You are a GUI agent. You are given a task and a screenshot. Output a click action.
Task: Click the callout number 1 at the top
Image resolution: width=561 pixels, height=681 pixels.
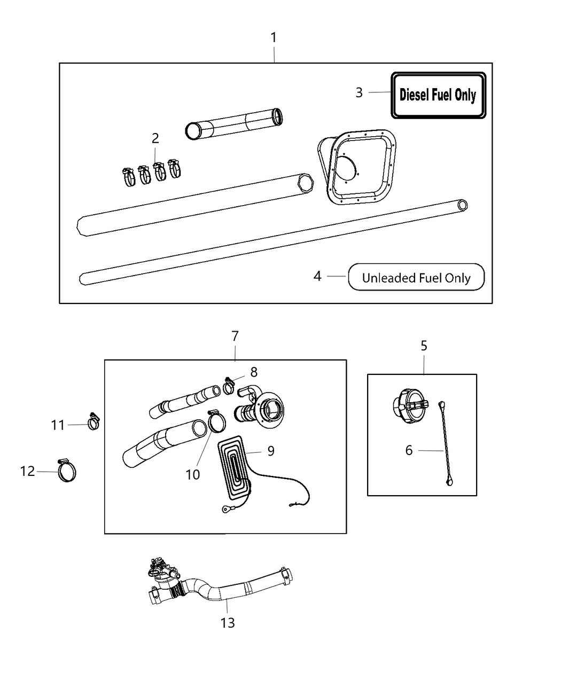pyautogui.click(x=274, y=38)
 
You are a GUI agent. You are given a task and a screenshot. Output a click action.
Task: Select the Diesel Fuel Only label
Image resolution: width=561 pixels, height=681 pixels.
pyautogui.click(x=438, y=96)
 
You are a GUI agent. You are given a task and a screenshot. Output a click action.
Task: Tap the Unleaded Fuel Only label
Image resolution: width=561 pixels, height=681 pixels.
pyautogui.click(x=416, y=278)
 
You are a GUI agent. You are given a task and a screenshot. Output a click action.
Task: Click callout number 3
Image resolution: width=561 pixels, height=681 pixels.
pyautogui.click(x=359, y=93)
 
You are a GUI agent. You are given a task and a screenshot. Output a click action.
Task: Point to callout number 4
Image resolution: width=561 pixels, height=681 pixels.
pyautogui.click(x=317, y=276)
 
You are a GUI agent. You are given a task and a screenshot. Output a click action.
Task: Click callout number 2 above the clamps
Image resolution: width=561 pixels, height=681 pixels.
pyautogui.click(x=155, y=139)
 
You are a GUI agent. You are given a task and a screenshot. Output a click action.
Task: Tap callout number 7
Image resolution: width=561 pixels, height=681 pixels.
pyautogui.click(x=235, y=336)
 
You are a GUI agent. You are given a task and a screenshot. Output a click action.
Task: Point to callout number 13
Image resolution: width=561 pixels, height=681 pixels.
pyautogui.click(x=228, y=623)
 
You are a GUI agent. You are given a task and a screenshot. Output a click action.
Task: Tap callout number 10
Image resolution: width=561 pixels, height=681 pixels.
pyautogui.click(x=193, y=474)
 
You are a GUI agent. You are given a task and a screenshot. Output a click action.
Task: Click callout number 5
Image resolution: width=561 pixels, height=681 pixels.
pyautogui.click(x=424, y=346)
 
